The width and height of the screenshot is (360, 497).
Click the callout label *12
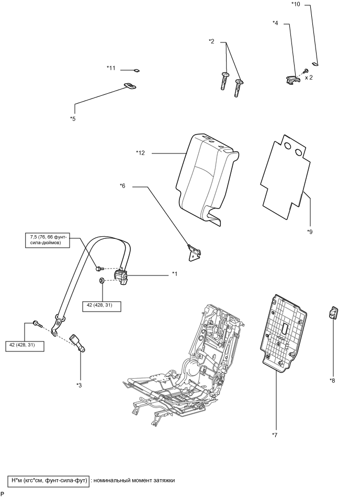140,153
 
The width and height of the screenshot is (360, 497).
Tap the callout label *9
310,231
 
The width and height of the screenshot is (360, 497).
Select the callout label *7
275,435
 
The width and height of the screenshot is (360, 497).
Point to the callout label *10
296,4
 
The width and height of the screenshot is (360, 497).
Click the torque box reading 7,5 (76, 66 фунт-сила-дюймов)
48,240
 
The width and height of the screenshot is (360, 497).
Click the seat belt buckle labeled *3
78,343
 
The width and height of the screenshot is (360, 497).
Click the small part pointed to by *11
137,70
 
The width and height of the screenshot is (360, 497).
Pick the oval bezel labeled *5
130,86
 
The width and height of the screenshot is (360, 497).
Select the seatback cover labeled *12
206,178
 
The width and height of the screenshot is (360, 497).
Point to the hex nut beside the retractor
102,280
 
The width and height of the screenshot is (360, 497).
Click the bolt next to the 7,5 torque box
99,269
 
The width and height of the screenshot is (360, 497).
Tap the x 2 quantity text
308,78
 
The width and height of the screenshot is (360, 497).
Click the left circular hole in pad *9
288,146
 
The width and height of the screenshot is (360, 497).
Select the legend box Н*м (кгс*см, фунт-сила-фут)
49,481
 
